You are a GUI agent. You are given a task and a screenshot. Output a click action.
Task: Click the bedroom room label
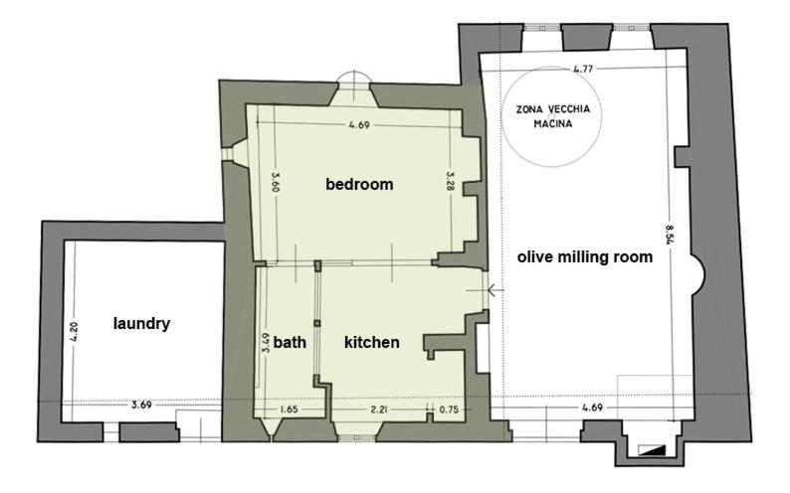[359, 184]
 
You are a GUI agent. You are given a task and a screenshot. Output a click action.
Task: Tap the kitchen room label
[372, 342]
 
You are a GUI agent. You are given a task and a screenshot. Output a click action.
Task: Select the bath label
[290, 342]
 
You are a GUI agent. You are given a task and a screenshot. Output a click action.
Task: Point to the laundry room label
[141, 323]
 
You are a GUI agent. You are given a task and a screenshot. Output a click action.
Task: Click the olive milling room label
[585, 257]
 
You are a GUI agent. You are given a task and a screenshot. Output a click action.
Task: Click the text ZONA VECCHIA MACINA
[552, 116]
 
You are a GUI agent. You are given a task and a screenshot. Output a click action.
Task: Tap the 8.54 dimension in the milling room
[670, 235]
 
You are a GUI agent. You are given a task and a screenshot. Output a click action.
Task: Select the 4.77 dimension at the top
[583, 69]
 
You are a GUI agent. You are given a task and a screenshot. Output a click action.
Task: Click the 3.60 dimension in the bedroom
[276, 182]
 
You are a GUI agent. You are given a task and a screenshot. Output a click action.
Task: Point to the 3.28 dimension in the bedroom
[451, 181]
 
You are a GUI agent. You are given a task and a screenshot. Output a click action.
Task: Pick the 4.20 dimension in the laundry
[74, 332]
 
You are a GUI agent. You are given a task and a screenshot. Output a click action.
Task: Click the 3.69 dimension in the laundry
[141, 404]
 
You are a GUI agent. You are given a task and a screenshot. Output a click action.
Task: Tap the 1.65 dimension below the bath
[289, 409]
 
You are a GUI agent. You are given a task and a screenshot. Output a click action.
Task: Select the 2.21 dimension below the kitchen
[379, 410]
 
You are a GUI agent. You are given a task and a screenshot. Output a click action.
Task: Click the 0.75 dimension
[449, 410]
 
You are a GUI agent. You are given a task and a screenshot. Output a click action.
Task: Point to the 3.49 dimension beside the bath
[265, 342]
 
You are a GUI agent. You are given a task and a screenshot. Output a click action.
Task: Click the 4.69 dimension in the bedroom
[359, 125]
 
